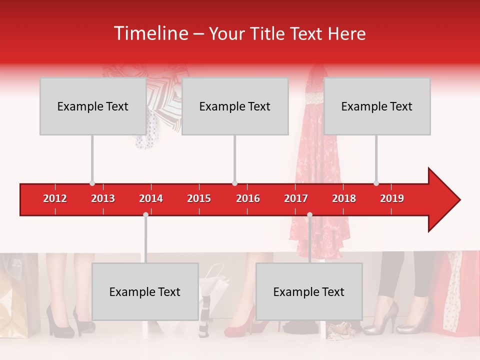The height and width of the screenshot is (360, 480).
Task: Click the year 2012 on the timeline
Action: [55, 198]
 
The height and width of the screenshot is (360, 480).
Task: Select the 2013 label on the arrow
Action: [103, 198]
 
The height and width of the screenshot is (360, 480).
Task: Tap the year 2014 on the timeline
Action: [151, 198]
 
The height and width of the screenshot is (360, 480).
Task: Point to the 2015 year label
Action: [199, 198]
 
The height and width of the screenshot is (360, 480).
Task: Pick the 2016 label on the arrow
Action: [248, 198]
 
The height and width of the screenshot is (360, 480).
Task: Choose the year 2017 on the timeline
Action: [296, 198]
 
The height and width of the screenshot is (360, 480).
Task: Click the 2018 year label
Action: [344, 198]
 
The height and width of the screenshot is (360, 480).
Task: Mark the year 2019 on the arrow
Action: [392, 198]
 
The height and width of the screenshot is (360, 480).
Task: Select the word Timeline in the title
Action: [150, 33]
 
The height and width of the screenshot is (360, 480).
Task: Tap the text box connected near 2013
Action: [92, 106]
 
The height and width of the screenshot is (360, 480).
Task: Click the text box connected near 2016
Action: [234, 106]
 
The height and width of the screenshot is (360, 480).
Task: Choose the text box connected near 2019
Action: [376, 106]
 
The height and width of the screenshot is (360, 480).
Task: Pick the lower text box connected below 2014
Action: [145, 291]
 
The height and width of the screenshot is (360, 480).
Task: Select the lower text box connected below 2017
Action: [308, 291]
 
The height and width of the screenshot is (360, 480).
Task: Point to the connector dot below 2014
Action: [145, 214]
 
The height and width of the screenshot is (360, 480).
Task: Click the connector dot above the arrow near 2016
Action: [234, 183]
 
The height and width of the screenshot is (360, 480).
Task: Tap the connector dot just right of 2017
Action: [309, 214]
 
